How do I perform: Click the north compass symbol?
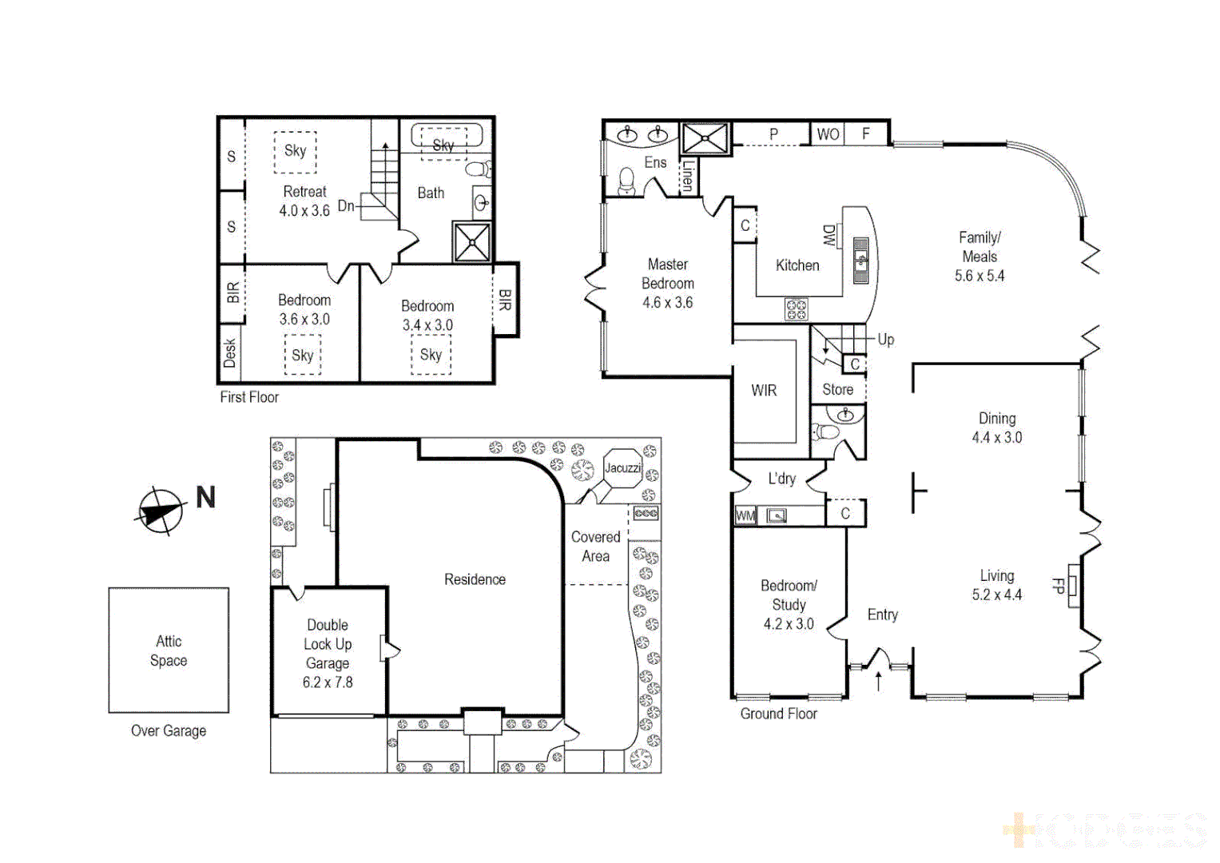click(161, 510)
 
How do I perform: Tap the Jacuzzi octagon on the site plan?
click(622, 468)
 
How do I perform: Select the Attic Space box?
click(169, 650)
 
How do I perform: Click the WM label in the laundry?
click(745, 516)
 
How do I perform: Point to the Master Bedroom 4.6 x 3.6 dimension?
click(667, 303)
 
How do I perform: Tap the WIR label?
click(764, 391)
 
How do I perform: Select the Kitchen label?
click(797, 265)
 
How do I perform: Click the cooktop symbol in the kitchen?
click(796, 308)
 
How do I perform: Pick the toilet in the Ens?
click(627, 183)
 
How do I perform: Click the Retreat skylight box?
click(295, 151)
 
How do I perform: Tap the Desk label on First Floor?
click(230, 352)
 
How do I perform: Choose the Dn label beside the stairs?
click(346, 206)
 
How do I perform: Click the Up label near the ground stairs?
click(885, 340)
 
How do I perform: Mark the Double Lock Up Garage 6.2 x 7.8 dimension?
click(328, 682)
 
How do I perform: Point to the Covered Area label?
click(595, 547)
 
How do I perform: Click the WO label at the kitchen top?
click(828, 134)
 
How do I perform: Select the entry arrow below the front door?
click(879, 681)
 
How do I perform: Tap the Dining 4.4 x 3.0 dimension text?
click(996, 438)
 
